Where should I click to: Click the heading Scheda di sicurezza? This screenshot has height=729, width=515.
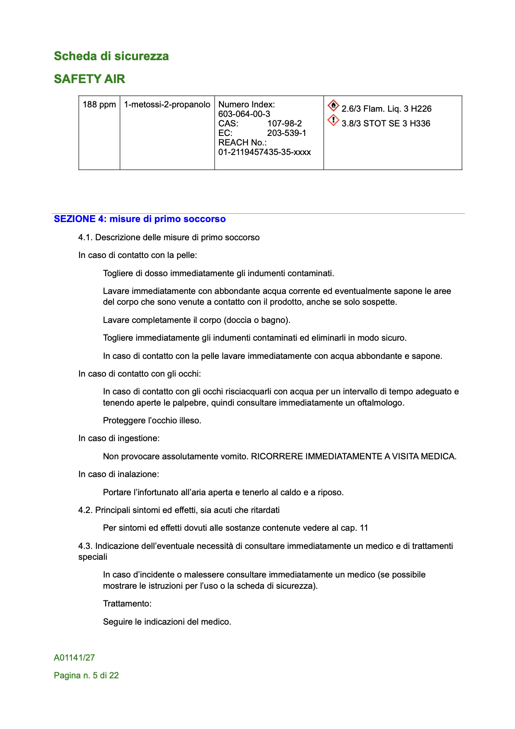(111, 56)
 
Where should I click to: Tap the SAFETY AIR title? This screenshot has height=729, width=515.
(89, 79)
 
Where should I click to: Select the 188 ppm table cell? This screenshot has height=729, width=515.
(99, 105)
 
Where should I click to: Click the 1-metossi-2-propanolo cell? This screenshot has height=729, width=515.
(167, 105)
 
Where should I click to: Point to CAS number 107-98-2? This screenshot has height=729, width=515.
(284, 123)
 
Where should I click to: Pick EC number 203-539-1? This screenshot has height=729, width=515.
(286, 133)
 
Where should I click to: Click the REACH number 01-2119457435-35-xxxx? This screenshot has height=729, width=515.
(264, 152)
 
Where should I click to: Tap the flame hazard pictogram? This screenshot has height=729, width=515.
(333, 105)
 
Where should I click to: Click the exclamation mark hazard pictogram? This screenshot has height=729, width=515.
(333, 120)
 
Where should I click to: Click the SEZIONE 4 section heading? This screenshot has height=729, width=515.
(140, 219)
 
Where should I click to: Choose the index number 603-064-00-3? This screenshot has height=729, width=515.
(244, 114)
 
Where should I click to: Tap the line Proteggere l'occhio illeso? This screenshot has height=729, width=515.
(152, 420)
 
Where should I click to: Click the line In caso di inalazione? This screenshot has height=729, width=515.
(119, 474)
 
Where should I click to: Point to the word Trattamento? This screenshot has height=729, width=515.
(127, 603)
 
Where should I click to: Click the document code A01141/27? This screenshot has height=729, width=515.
(74, 658)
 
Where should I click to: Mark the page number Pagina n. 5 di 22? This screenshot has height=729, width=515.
(86, 675)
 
